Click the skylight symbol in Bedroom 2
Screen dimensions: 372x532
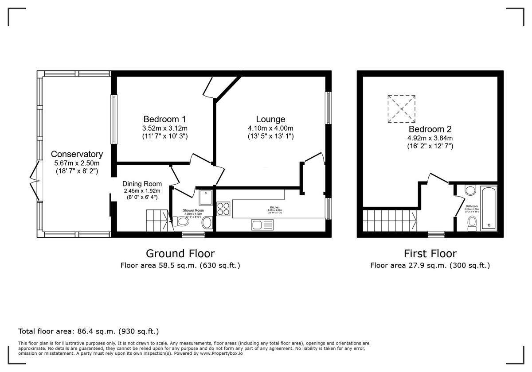click(402, 108)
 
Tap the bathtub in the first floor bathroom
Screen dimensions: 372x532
click(489, 207)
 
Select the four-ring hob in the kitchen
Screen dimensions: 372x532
click(223, 209)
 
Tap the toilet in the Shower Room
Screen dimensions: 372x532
click(181, 221)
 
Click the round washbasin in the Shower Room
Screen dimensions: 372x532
click(207, 223)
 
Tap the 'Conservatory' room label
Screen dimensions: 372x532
click(77, 154)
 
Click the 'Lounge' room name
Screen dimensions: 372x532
click(270, 119)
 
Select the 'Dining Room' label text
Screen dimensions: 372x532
click(142, 184)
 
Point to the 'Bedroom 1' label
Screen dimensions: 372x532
click(164, 119)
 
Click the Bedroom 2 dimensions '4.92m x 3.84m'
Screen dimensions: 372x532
click(430, 138)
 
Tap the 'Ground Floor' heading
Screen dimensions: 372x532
click(180, 253)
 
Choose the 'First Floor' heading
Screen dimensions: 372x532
click(430, 253)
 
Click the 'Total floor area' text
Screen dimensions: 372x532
click(88, 331)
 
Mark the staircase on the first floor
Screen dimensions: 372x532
click(389, 220)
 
